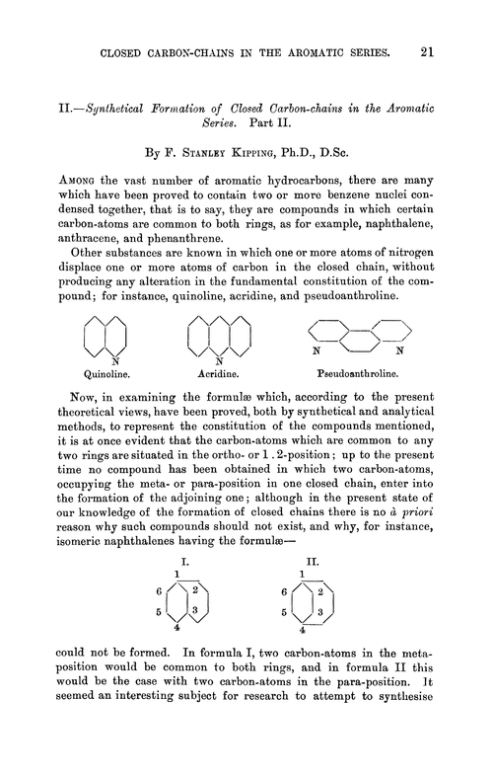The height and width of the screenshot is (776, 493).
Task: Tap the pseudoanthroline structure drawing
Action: tap(357, 341)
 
